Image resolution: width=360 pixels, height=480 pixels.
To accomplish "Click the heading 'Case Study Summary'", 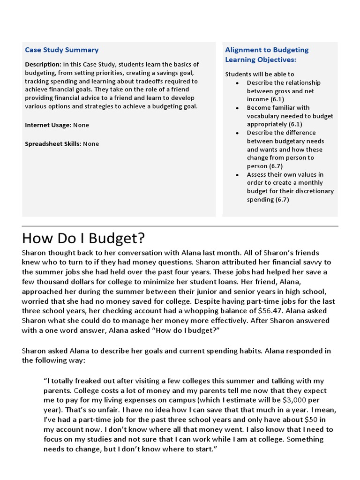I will pyautogui.click(x=61, y=50).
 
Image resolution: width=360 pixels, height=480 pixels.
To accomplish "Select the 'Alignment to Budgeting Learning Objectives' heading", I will pyautogui.click(x=267, y=55).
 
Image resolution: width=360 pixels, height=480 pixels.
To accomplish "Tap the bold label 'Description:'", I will pyautogui.click(x=43, y=64).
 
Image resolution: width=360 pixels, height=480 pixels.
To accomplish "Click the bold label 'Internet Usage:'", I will pyautogui.click(x=48, y=125).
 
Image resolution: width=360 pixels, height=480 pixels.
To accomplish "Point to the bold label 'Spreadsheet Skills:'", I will pyautogui.click(x=52, y=144).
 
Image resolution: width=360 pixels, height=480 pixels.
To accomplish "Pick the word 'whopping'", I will pyautogui.click(x=213, y=310).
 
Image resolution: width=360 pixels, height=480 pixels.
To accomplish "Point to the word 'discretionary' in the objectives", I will pyautogui.click(x=315, y=191).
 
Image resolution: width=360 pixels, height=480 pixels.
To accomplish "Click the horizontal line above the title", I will pyautogui.click(x=180, y=226).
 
